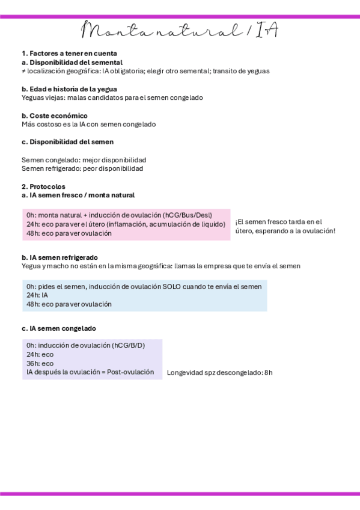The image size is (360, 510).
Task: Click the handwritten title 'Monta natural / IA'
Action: pos(180,30)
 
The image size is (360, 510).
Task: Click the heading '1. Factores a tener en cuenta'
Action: pos(69,54)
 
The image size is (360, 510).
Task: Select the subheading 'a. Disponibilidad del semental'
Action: pos(72,62)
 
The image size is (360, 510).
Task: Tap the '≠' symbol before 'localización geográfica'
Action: pos(23,71)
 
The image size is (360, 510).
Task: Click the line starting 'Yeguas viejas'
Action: pos(112,97)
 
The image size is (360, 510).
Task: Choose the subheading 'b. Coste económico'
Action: pos(55,115)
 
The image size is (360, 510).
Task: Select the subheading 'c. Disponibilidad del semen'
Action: pos(67,142)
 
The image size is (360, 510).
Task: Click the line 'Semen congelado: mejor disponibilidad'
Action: pos(84,160)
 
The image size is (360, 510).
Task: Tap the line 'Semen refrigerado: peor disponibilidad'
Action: pos(82,169)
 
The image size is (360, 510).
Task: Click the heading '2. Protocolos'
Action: pos(43,186)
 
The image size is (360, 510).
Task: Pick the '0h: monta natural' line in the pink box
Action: pos(119,215)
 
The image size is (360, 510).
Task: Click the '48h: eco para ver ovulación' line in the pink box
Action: pos(69,233)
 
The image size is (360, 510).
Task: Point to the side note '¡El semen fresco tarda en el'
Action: pos(278,222)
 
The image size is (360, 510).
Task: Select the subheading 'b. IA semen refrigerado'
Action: pos(59,257)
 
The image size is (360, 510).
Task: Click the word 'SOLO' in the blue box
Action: pos(172,287)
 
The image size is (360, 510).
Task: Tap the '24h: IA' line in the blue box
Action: pos(37,295)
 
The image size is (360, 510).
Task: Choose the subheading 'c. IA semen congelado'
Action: pos(58,328)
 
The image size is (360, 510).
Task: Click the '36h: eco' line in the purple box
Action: pos(40,363)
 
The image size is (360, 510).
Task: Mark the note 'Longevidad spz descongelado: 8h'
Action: pos(219,373)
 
